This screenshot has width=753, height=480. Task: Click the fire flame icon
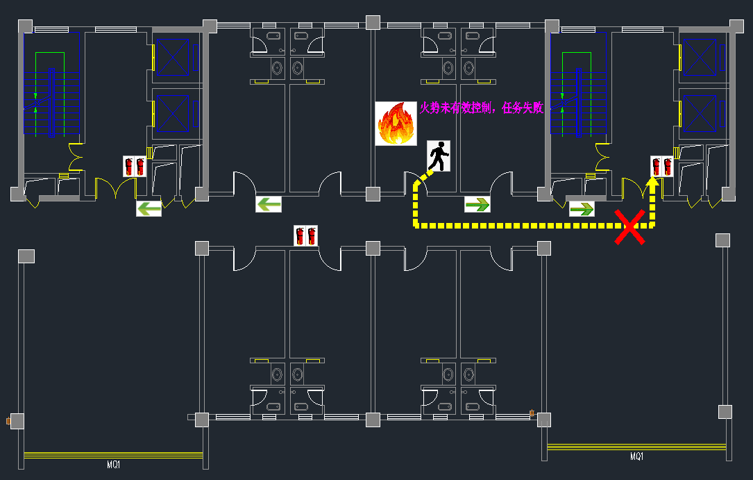pos(396,124)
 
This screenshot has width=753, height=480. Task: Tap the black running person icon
pos(439,156)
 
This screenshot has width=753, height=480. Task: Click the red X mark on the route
pos(630,229)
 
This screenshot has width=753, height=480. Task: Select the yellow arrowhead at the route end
pos(652,183)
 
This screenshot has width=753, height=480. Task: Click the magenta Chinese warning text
pos(482,108)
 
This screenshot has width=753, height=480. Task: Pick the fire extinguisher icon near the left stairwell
pos(134,166)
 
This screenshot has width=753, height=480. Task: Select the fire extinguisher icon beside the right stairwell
pos(661,166)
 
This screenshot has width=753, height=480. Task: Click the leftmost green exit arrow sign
pos(149,208)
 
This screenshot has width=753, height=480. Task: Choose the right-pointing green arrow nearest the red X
pos(582,208)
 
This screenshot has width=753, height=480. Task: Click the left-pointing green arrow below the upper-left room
pos(269,204)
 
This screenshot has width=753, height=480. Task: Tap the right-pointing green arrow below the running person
pos(477,204)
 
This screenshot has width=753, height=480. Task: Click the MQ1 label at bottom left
pos(113,465)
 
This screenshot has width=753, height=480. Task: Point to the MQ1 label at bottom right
pos(636,456)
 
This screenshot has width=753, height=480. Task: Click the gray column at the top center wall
pos(373,22)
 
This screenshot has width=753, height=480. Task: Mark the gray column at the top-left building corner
pos(25,26)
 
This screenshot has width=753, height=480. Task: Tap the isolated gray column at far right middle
pos(722,240)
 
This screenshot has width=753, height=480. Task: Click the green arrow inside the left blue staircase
pos(35,96)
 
